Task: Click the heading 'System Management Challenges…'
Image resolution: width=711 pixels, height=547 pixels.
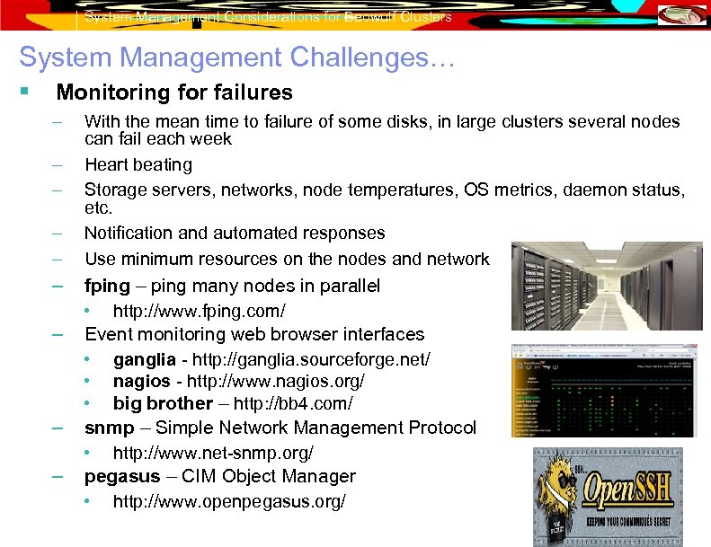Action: tap(237, 58)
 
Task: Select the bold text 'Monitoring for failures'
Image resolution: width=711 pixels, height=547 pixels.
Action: tap(174, 93)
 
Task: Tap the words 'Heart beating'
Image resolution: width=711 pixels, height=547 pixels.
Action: tap(138, 164)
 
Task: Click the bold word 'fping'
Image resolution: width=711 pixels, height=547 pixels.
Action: tap(107, 286)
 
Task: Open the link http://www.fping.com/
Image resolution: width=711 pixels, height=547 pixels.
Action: tap(199, 311)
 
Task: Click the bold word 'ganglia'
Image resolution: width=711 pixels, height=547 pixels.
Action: tap(144, 359)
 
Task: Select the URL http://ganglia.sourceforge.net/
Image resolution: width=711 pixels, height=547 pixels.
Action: tap(307, 359)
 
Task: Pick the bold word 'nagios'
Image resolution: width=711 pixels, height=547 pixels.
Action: tap(142, 382)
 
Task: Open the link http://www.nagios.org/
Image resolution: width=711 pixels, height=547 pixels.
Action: tap(276, 382)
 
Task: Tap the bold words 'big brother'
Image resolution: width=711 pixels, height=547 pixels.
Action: tap(163, 404)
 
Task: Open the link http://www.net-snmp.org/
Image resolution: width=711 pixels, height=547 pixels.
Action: tap(213, 453)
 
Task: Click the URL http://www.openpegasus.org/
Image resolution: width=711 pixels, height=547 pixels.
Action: tap(228, 501)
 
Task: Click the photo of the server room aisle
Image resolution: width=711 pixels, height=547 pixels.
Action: tap(608, 287)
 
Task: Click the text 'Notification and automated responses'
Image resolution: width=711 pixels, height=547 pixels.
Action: tap(235, 233)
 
